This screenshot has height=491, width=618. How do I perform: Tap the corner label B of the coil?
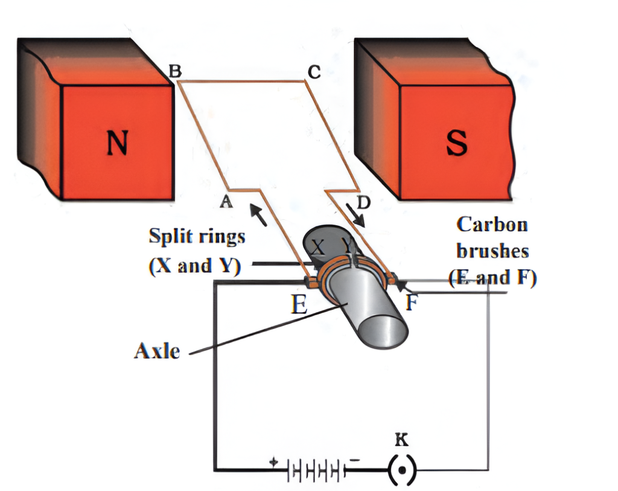click(174, 72)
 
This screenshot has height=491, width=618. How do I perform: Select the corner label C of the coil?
click(313, 72)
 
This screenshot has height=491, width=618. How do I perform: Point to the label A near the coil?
click(226, 203)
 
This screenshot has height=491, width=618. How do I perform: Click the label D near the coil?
click(362, 203)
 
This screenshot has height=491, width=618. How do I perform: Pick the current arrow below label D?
click(355, 217)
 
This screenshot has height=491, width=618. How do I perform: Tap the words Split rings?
click(197, 236)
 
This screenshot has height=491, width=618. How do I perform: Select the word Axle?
click(156, 351)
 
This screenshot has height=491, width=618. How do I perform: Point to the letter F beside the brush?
click(412, 301)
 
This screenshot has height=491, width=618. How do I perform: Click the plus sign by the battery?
click(274, 461)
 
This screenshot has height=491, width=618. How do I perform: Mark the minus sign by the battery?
click(355, 460)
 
